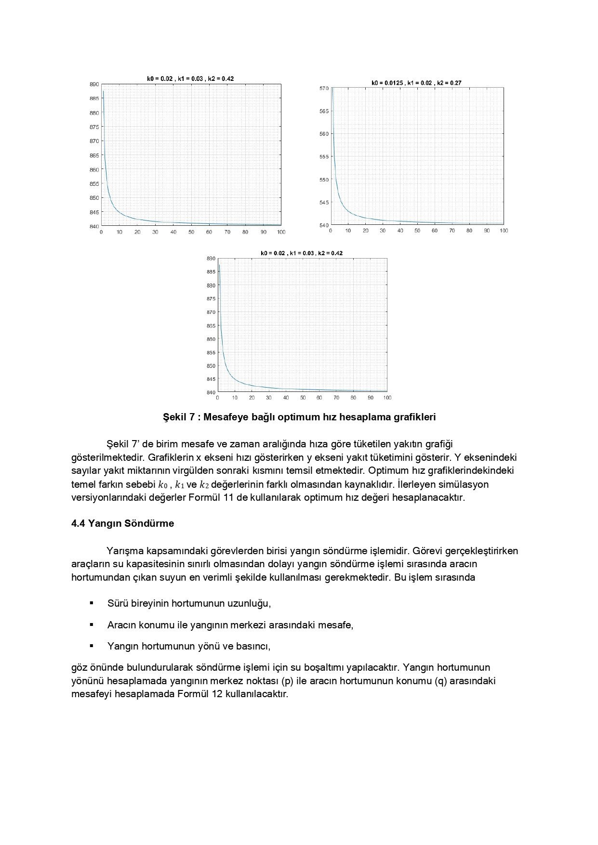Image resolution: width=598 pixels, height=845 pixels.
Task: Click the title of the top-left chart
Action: tap(190, 78)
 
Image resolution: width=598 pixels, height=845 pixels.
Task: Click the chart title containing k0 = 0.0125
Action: tap(416, 83)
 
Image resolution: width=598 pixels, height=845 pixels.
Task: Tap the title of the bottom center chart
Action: tap(302, 253)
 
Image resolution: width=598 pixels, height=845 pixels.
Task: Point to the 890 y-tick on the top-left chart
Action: tap(94, 84)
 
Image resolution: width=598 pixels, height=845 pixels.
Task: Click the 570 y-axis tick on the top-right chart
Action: tap(324, 89)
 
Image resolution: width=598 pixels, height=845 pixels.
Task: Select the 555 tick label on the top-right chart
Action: tap(324, 157)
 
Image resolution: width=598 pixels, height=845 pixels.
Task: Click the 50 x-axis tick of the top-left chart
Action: tap(191, 232)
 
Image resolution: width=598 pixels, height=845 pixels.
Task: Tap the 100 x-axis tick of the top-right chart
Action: tap(504, 231)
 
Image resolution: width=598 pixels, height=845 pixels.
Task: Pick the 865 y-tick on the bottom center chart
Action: tap(211, 326)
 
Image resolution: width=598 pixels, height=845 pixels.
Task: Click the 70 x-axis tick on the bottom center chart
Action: tap(336, 398)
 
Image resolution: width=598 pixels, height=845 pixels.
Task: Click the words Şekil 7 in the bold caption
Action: tap(179, 417)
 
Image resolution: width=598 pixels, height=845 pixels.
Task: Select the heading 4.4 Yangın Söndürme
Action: tap(122, 523)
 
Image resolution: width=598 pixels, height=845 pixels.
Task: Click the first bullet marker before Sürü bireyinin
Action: tap(91, 603)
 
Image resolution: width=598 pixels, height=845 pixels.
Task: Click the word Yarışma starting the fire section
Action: tap(124, 550)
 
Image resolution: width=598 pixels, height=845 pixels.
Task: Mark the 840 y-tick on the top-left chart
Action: tap(94, 226)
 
